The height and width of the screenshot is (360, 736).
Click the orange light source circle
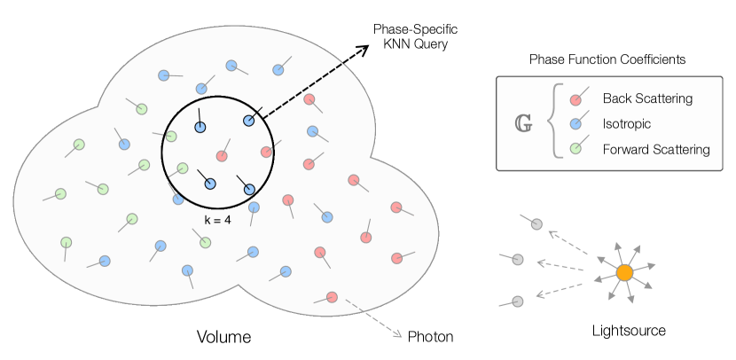click(x=624, y=272)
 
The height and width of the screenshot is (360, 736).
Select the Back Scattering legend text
click(x=646, y=98)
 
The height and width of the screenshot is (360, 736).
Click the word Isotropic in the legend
click(x=626, y=124)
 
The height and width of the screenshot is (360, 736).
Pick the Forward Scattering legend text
click(x=655, y=150)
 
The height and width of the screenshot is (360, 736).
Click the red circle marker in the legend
click(x=575, y=99)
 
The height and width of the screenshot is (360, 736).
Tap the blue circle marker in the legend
click(x=575, y=124)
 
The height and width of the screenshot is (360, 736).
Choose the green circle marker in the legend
click(x=575, y=149)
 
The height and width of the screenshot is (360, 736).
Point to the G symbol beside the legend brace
click(x=524, y=123)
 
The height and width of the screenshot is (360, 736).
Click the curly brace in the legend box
click(x=554, y=123)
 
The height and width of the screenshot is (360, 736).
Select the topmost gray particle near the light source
click(x=536, y=223)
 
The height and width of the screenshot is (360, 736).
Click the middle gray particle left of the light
click(x=518, y=260)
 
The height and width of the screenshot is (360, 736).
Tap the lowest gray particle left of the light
click(x=518, y=301)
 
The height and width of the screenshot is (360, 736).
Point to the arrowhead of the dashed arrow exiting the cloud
click(x=399, y=334)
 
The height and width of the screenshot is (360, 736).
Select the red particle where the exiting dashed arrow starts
click(x=332, y=297)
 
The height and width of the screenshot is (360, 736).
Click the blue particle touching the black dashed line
click(x=249, y=121)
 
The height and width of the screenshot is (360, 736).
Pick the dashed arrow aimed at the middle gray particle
click(x=560, y=265)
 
